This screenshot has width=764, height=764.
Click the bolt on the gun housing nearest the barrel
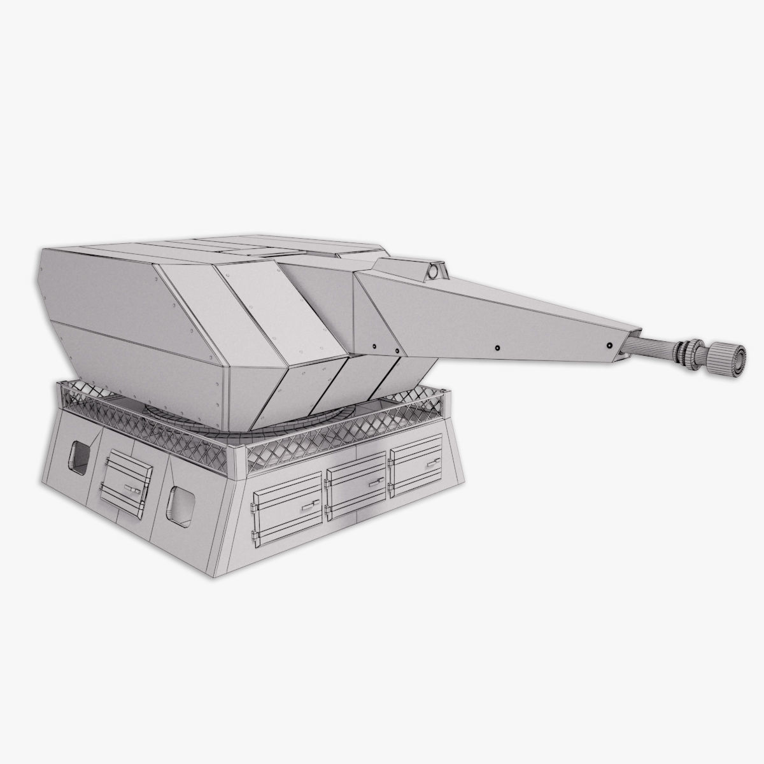point(610,345)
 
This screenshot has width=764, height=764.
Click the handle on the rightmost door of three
point(429,460)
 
